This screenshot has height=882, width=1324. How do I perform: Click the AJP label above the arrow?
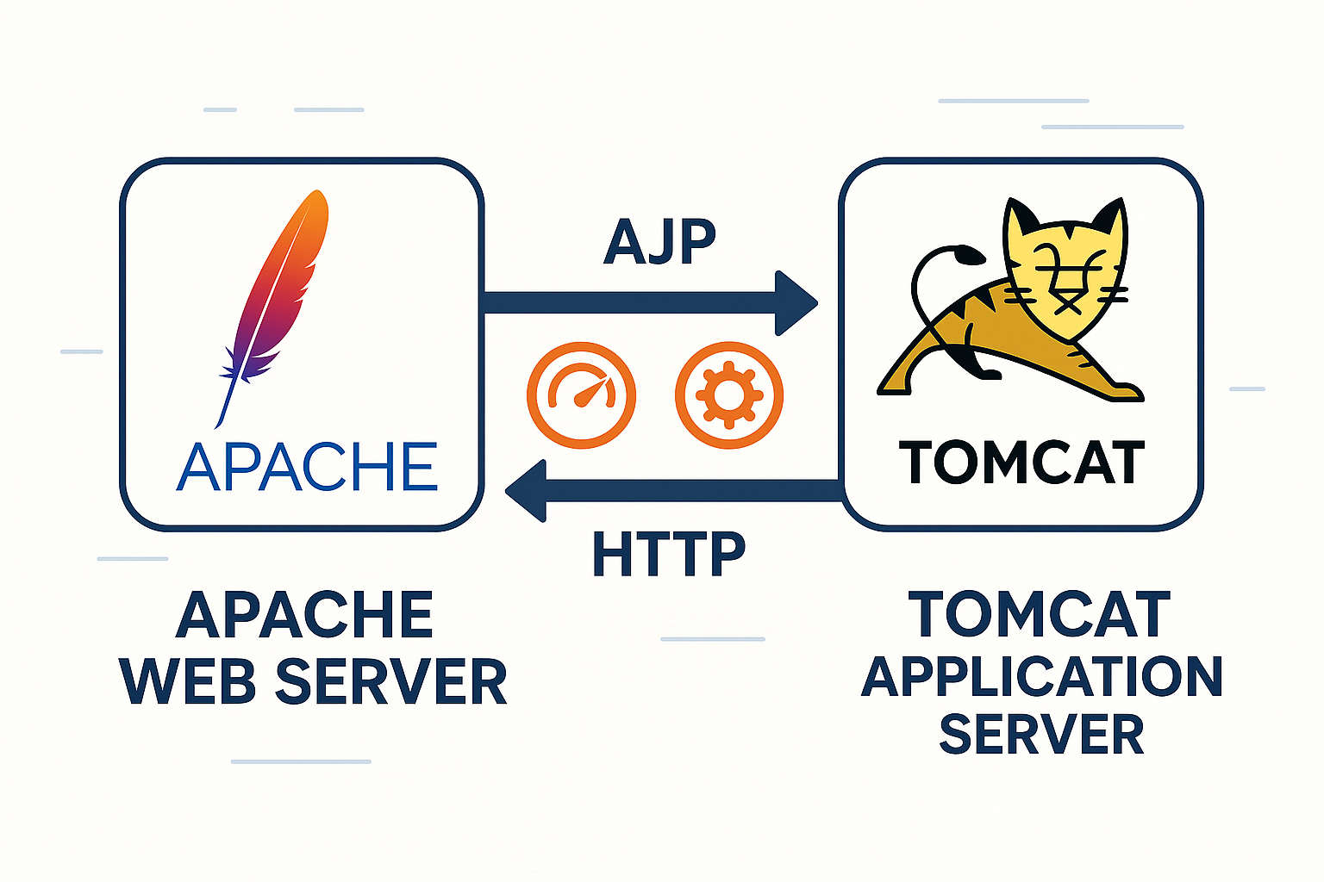660,242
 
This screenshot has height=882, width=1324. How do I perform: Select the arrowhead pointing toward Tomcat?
796,303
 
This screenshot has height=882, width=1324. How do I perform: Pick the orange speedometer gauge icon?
581,395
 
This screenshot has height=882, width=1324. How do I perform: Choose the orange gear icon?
729,395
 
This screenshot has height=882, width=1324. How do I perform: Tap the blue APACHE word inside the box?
307,467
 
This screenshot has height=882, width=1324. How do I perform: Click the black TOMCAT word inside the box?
1021,463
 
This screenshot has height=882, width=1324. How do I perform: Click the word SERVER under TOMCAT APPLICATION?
1041,734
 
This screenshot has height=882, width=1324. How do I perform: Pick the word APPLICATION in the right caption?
1041,676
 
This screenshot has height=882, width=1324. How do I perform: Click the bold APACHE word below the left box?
304,616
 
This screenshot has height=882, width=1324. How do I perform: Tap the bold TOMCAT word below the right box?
1040,615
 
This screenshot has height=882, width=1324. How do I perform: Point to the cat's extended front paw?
1121,392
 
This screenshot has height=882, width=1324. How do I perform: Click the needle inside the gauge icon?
590,393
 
